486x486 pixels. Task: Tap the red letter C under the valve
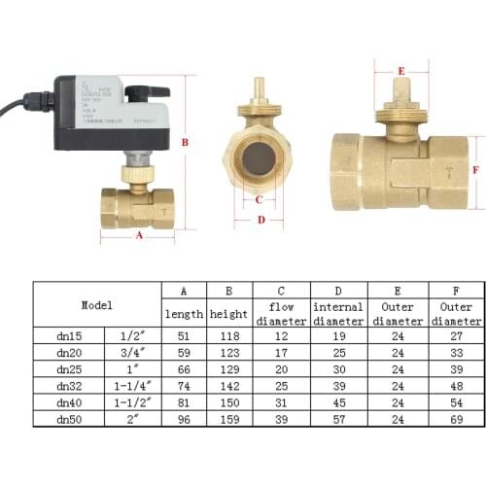(x=259, y=200)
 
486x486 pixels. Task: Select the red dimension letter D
(x=260, y=220)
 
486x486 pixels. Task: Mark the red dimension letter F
(x=475, y=168)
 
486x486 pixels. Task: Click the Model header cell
(x=96, y=303)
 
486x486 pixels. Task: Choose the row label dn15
(x=69, y=335)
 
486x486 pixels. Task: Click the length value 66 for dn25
(x=182, y=368)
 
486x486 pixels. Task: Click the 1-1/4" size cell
(x=132, y=385)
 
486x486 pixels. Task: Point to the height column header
(x=229, y=314)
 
